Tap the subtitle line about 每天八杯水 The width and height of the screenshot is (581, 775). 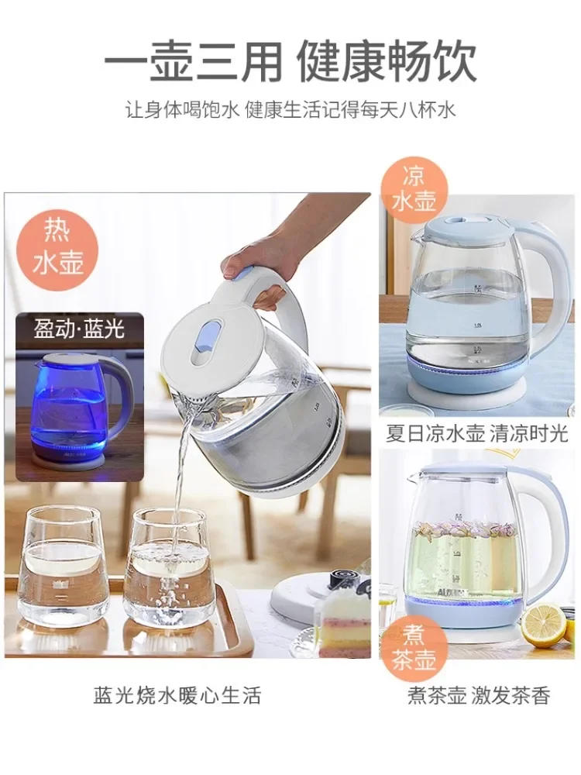290,109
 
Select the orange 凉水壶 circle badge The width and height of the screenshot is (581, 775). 414,188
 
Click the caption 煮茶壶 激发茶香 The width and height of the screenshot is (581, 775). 478,695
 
